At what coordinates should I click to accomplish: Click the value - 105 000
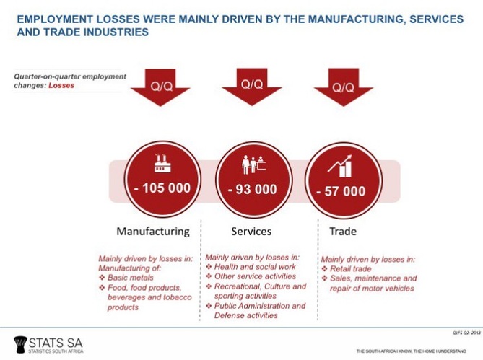(x=162, y=188)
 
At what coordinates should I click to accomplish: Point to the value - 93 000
(x=252, y=190)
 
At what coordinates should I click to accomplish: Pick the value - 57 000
(x=341, y=191)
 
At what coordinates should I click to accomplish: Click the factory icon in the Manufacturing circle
(x=162, y=164)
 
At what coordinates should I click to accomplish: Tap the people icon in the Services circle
(x=253, y=165)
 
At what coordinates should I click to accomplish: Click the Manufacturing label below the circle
(x=153, y=232)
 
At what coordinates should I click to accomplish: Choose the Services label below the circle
(x=251, y=232)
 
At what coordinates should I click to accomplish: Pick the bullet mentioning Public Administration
(x=259, y=310)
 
